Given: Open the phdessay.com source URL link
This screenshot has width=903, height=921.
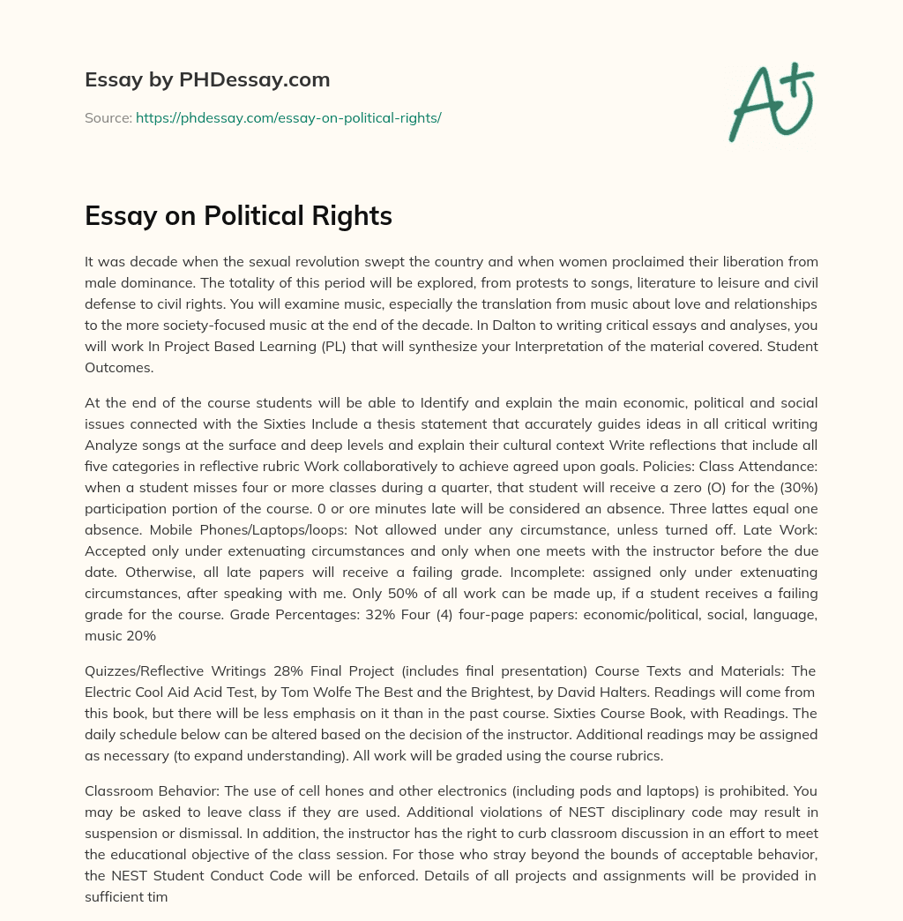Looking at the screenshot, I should point(288,117).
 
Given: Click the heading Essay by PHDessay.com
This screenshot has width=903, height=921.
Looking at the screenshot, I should point(207,80).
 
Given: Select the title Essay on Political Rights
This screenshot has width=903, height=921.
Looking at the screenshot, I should point(238,216).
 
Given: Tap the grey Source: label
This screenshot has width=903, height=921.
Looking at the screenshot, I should point(108,117).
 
